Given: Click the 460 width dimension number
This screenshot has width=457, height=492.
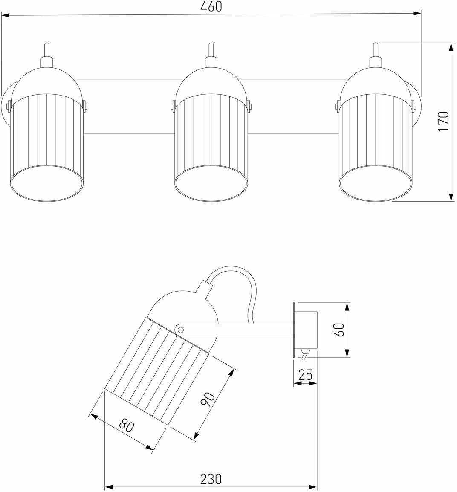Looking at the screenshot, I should [x=212, y=7].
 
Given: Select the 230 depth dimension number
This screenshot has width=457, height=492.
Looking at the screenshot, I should [x=211, y=479].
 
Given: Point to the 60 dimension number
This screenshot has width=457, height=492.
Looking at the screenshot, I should [x=339, y=330].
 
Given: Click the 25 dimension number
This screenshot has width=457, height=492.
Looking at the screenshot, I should [x=306, y=375].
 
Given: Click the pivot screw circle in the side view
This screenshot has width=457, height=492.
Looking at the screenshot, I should [x=180, y=329].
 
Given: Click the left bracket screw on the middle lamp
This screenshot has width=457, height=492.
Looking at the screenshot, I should [x=173, y=105].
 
